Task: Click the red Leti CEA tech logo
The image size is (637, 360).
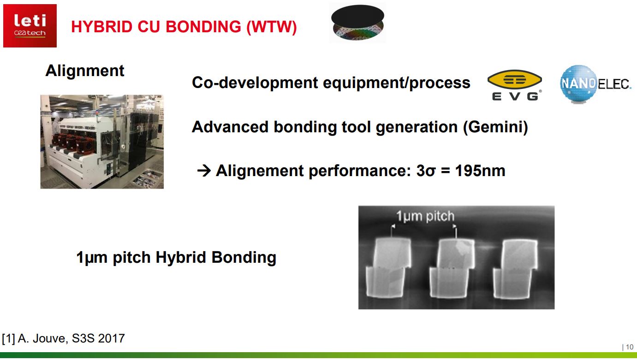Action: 30,26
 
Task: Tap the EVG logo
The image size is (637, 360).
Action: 514,86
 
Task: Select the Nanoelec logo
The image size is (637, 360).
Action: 595,84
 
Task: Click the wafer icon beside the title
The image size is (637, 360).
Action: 357,24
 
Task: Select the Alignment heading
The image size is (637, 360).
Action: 85,71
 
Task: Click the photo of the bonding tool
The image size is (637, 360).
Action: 102,142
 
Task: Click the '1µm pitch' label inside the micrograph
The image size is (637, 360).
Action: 425,216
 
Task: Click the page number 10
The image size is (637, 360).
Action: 629,347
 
